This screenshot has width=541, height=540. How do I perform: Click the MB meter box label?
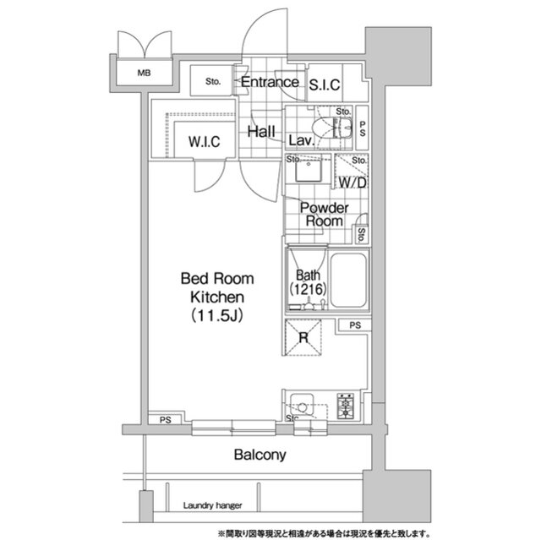(144, 74)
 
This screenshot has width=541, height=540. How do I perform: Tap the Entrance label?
(270, 82)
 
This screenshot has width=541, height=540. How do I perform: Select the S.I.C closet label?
(325, 85)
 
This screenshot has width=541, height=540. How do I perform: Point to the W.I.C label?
(205, 142)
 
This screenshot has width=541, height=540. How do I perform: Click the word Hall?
(261, 131)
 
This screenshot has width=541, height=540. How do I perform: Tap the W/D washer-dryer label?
(352, 183)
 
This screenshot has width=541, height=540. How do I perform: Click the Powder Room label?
(324, 214)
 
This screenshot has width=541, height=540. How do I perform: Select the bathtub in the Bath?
(348, 280)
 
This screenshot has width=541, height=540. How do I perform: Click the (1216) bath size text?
(308, 289)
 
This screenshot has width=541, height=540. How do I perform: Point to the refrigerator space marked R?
(303, 337)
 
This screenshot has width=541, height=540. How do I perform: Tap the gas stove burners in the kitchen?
(346, 406)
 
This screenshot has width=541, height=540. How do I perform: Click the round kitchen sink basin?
(302, 407)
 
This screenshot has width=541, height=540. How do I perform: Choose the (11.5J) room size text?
(217, 315)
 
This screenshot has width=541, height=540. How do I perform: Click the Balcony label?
(260, 455)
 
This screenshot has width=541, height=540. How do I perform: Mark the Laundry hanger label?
(212, 505)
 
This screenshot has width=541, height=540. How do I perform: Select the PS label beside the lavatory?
(363, 128)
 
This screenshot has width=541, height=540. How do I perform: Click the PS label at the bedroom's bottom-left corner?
(166, 420)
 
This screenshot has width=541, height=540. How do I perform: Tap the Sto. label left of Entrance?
(212, 81)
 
